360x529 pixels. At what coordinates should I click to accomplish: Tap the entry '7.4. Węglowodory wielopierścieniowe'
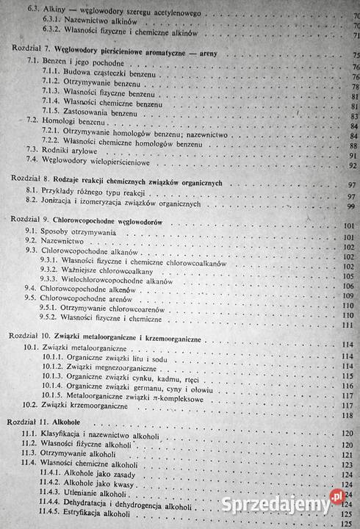point(94,158)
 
